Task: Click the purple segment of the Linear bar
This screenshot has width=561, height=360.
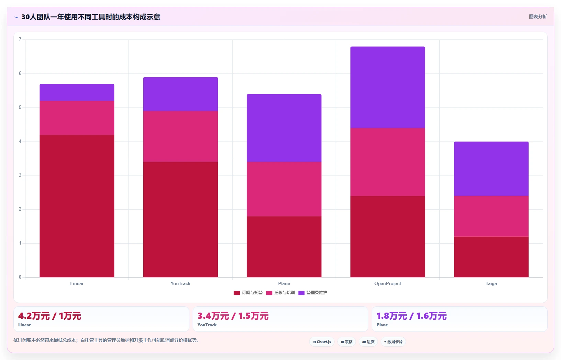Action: [77, 92]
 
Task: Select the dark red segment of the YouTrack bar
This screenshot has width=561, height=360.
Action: [180, 220]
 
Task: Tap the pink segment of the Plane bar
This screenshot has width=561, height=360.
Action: [284, 189]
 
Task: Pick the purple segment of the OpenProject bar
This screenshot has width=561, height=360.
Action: [388, 87]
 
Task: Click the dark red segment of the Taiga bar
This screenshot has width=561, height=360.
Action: [491, 257]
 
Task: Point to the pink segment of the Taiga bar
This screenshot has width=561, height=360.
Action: [491, 216]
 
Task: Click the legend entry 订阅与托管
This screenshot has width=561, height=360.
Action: [248, 293]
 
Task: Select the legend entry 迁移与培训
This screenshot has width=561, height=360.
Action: [280, 293]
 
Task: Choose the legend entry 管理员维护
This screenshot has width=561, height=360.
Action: [313, 293]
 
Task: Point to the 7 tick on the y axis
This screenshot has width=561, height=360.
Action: [20, 39]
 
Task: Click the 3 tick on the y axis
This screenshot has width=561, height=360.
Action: [20, 175]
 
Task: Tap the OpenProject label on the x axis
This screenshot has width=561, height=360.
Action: [388, 283]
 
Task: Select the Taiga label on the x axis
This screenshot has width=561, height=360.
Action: [491, 283]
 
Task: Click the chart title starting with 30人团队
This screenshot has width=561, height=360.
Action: [91, 17]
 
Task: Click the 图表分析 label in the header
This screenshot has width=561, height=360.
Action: [538, 16]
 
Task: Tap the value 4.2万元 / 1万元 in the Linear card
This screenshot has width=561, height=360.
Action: [49, 316]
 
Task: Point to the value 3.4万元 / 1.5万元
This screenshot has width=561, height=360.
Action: [233, 316]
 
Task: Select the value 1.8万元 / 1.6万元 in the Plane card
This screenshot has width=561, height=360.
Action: [412, 316]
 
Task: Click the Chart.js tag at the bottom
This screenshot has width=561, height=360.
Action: [322, 342]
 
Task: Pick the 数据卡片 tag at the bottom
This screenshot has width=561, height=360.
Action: [393, 342]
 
